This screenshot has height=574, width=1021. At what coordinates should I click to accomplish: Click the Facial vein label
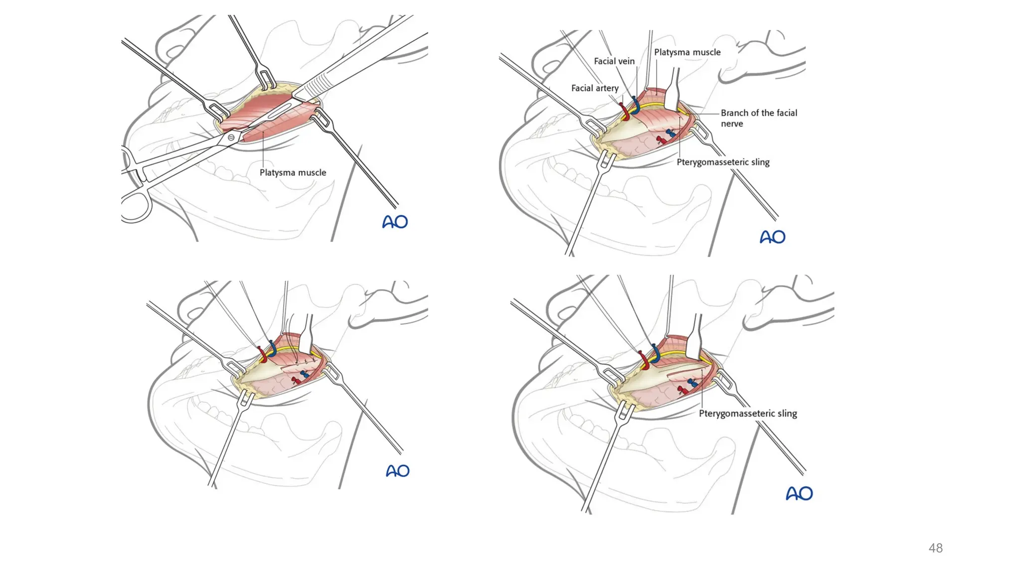point(614,61)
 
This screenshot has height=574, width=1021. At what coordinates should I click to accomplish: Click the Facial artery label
point(595,88)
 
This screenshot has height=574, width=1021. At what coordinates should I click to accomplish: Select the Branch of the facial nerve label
point(759,118)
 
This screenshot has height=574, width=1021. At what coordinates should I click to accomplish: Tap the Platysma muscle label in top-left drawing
point(293,172)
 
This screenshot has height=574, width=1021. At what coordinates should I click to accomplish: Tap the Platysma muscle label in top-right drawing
point(687,52)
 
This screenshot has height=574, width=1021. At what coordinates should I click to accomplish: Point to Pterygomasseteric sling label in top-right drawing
point(723,162)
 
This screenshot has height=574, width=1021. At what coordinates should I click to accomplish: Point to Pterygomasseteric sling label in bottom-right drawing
point(748,413)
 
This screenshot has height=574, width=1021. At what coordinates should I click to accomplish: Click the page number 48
point(935,548)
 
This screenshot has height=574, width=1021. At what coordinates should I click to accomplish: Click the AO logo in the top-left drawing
point(395,222)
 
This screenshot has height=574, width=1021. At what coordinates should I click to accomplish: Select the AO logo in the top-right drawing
point(772,237)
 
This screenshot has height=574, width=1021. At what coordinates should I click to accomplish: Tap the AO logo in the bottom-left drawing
point(397,471)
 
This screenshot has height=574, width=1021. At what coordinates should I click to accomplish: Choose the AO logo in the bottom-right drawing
point(799,493)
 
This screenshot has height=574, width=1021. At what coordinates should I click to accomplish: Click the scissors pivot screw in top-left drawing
point(231,137)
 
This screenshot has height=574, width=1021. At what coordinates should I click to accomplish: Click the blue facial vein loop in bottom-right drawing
point(655,353)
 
